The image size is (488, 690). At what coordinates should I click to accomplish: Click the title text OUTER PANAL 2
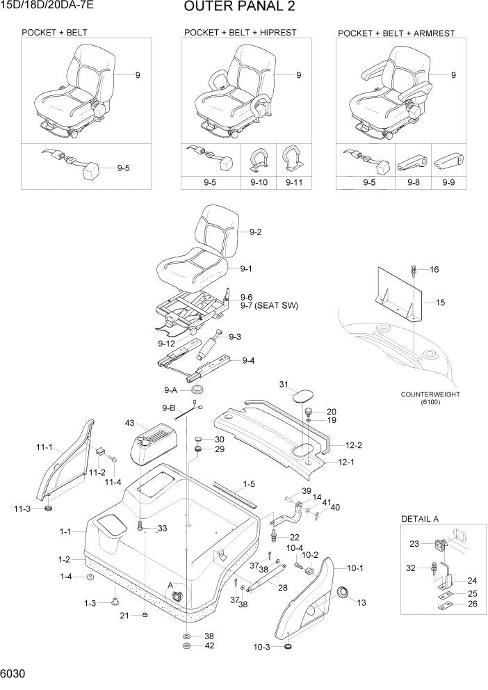(239, 8)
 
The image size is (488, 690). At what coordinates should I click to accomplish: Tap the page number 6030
(14, 675)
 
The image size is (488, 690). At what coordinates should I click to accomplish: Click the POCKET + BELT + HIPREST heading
(240, 33)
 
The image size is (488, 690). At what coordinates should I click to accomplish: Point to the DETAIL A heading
(424, 520)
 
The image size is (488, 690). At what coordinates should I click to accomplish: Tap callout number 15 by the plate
(440, 303)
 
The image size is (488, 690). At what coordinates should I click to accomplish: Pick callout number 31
(284, 385)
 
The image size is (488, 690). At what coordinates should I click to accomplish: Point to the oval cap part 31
(302, 396)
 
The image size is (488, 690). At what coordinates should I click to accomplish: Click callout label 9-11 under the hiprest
(294, 183)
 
